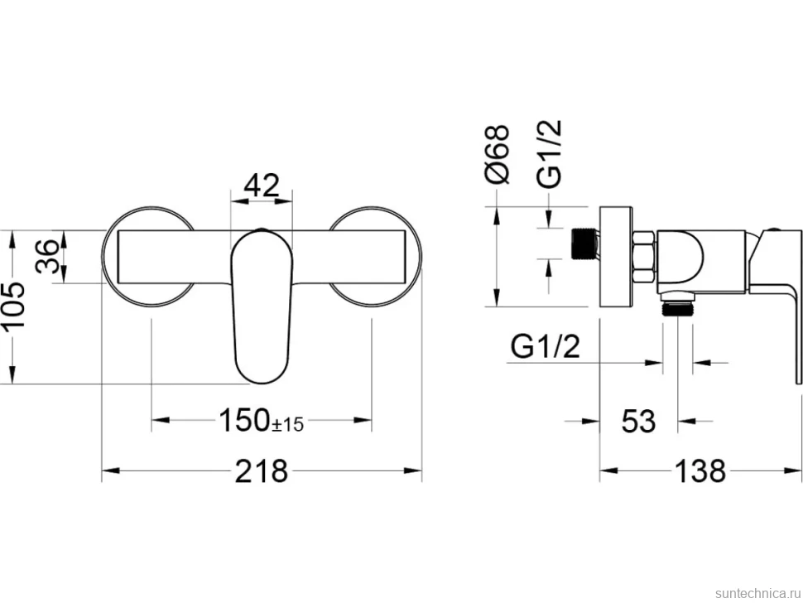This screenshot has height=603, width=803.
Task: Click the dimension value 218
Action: point(261,470)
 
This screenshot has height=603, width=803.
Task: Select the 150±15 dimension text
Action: point(261,420)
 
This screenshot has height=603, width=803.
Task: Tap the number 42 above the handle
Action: point(262,186)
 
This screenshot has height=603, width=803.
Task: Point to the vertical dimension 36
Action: point(48,257)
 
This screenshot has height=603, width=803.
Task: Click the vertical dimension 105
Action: point(13,306)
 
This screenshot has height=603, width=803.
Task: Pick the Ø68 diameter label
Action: point(497,154)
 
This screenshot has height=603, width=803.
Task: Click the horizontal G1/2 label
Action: point(546,347)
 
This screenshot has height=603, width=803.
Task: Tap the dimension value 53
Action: point(638,421)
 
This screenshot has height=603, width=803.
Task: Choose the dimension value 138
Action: point(700,470)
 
